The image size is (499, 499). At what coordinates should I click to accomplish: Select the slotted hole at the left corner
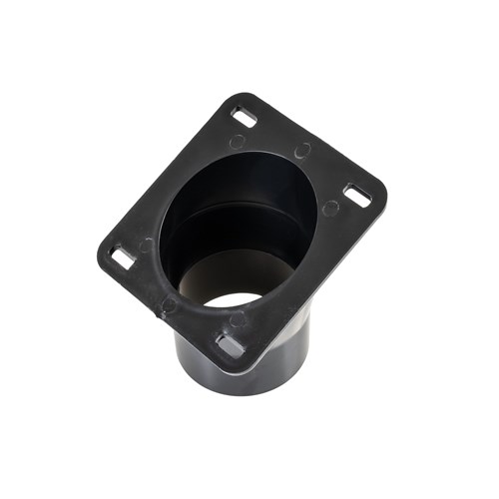(x=123, y=257)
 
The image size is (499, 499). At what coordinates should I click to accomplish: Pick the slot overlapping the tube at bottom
(x=231, y=345)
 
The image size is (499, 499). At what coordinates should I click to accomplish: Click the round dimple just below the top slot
(x=239, y=141)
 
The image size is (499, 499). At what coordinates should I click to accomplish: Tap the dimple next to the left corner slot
(x=147, y=245)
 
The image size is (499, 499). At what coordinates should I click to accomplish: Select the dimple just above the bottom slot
(x=237, y=319)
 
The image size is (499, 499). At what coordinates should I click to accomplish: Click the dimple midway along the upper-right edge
(x=303, y=151)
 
